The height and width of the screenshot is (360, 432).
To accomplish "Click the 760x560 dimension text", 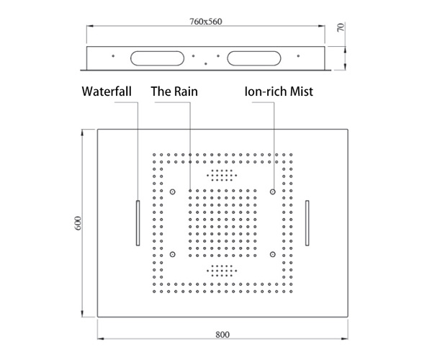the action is click(x=205, y=22).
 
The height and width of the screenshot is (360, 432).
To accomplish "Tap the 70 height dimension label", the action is click(x=341, y=27).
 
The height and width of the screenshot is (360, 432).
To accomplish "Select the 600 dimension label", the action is click(x=78, y=223).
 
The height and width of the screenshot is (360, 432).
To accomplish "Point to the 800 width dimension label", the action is click(x=222, y=335).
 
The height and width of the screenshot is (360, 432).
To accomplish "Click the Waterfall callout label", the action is click(x=107, y=91).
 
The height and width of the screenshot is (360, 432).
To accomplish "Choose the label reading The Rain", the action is click(x=174, y=91).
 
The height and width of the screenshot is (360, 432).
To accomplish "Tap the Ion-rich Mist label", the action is click(x=279, y=91).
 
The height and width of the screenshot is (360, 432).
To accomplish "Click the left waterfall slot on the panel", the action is click(x=138, y=222).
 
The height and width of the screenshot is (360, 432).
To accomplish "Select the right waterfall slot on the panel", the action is click(x=307, y=222).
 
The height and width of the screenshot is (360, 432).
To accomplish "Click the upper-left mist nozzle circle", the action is click(x=173, y=192).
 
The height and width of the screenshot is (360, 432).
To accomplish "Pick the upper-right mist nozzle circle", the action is click(x=273, y=192).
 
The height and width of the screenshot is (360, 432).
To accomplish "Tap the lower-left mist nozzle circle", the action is click(x=173, y=254).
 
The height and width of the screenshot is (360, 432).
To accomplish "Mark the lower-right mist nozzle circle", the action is click(x=273, y=254).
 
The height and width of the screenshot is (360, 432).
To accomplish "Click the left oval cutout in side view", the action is click(x=157, y=58).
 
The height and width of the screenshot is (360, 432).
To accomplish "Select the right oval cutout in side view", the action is click(x=254, y=58).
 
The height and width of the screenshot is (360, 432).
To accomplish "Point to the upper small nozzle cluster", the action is click(x=222, y=175).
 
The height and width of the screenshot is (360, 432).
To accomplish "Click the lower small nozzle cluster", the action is click(x=222, y=271).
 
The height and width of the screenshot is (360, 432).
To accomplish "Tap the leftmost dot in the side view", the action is click(x=113, y=56).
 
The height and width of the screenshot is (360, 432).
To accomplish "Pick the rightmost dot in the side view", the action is click(x=298, y=56).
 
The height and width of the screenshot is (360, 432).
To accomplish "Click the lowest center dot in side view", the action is click(x=206, y=63).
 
